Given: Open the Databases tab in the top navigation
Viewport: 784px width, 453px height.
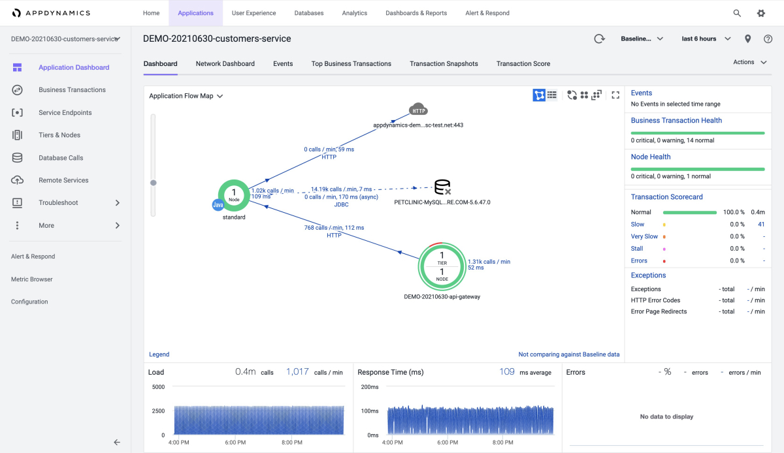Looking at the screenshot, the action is [308, 13].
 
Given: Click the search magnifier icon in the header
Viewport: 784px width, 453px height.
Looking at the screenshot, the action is [737, 13].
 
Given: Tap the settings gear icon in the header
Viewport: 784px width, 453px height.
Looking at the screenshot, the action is [761, 13].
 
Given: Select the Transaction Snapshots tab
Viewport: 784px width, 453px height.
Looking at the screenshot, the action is [444, 64].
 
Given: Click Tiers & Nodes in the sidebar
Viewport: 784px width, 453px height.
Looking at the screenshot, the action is [59, 135].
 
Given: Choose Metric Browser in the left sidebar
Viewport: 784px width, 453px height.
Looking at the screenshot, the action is [32, 279].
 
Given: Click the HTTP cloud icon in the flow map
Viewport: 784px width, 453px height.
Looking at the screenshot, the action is [418, 110].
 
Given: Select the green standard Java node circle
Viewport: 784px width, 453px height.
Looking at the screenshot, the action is [234, 195].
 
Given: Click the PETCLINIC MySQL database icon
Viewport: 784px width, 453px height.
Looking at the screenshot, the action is [442, 187].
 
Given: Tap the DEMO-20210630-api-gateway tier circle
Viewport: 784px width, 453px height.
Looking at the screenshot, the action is [442, 266].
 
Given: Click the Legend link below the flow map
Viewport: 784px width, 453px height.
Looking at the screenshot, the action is [159, 354].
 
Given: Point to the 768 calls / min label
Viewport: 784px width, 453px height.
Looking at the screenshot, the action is [334, 228].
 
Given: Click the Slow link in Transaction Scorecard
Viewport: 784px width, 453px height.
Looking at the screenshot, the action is [638, 225].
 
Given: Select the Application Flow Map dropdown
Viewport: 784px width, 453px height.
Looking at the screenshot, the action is [186, 96].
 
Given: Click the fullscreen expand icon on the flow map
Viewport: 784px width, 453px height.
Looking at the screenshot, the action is [615, 95].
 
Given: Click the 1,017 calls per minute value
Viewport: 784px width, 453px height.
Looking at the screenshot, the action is [297, 371].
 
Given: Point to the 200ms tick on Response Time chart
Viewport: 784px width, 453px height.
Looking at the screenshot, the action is [370, 387].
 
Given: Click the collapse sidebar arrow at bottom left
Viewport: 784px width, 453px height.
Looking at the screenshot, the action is [117, 442].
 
